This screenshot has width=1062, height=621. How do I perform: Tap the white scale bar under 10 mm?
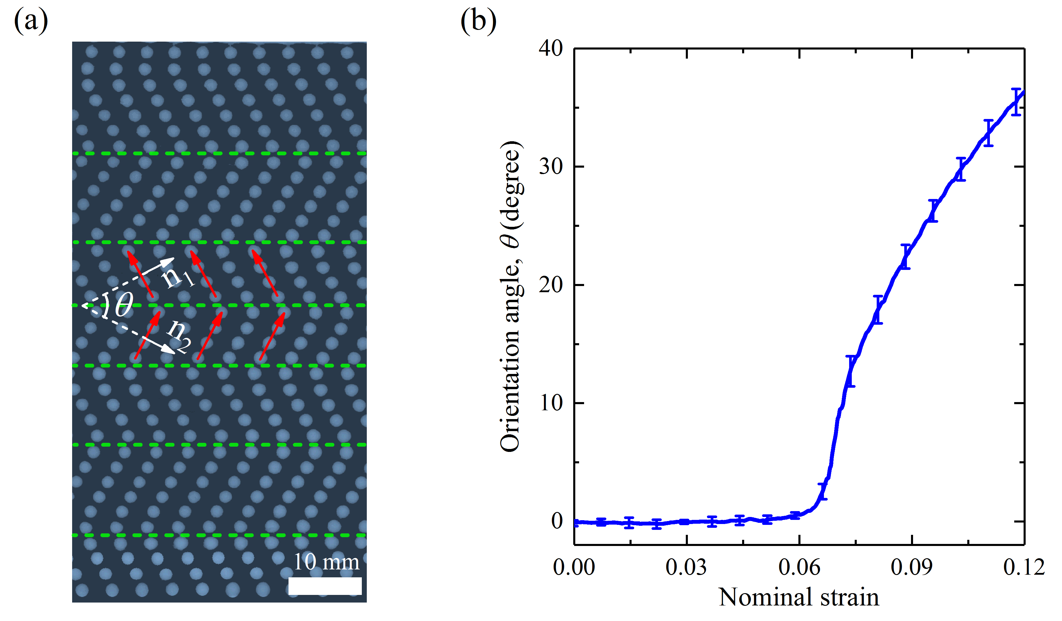pos(325,586)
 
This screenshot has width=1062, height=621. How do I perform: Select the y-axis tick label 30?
pos(550,167)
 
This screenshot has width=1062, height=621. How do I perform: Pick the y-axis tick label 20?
pos(550,285)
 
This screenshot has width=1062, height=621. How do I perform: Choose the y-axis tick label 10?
pos(550,403)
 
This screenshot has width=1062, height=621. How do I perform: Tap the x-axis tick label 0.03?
pos(686,567)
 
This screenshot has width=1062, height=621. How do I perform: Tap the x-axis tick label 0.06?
pos(799,567)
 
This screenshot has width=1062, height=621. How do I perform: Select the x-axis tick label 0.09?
pos(912,567)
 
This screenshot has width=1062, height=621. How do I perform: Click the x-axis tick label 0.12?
pos(1024,567)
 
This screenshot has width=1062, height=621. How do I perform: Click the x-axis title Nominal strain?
pos(799,597)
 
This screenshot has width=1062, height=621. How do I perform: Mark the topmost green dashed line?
pos(219,153)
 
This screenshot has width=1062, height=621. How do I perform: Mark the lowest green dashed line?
pos(219,535)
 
